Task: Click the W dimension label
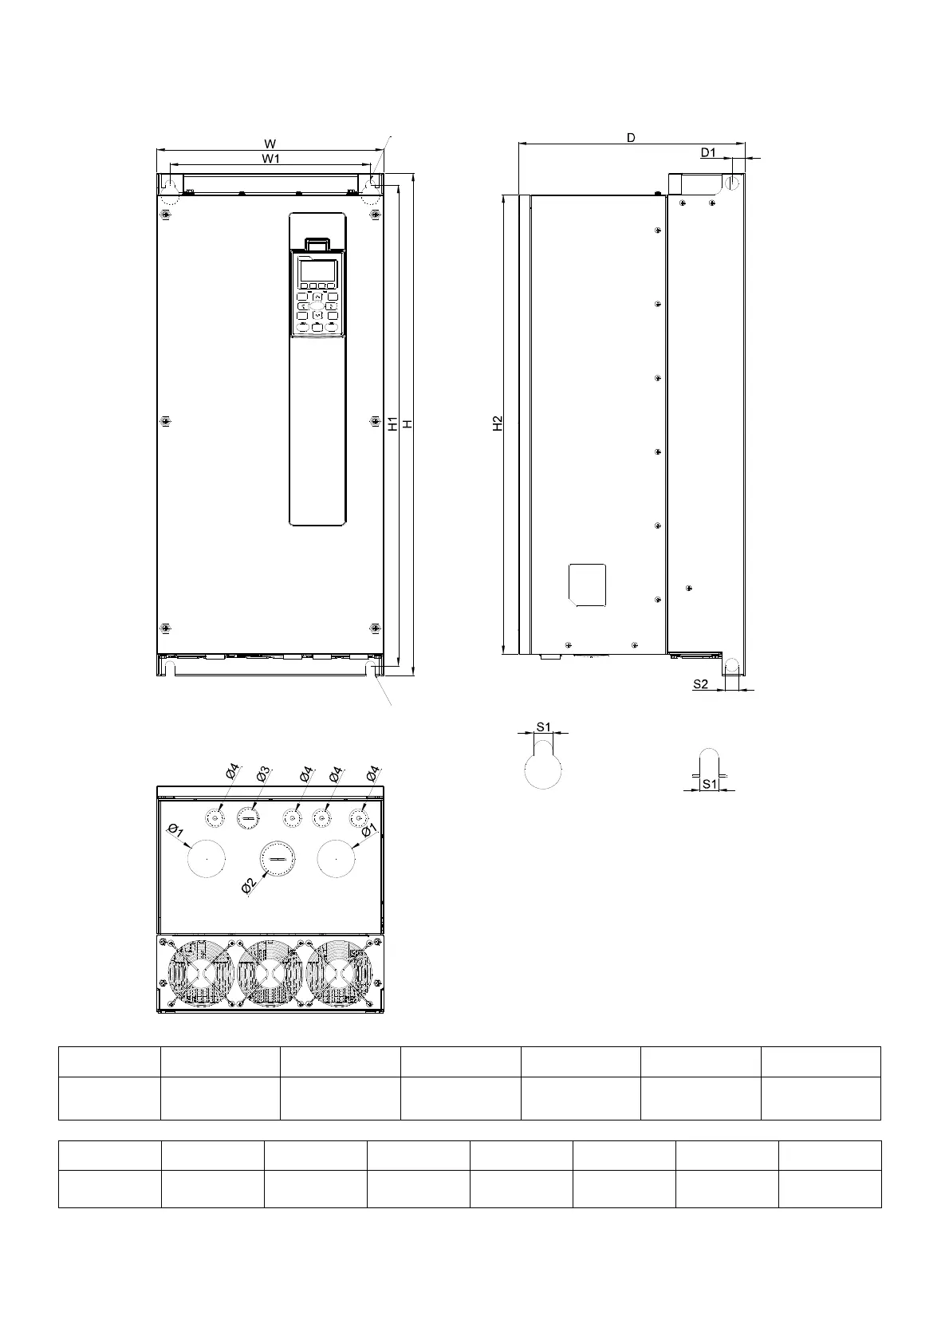coord(270,144)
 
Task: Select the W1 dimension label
coord(270,159)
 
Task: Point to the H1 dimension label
coord(392,424)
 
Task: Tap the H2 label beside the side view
coord(498,423)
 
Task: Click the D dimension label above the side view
coord(631,138)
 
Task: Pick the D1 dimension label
coord(708,153)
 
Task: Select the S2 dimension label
coord(700,684)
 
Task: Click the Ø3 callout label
coord(263,774)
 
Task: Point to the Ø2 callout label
coord(249,885)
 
